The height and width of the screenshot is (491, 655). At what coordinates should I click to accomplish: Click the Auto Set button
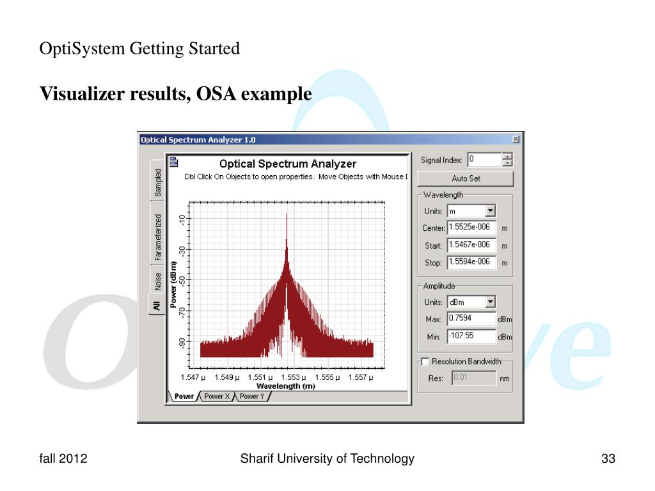point(465,178)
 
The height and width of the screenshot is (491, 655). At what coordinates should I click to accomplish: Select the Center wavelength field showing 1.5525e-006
point(471,228)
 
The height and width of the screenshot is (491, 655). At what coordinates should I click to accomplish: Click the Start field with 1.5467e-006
point(471,245)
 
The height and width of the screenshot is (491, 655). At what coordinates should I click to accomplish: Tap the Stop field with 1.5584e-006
point(471,262)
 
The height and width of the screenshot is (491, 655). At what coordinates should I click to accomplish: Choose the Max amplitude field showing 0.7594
point(471,319)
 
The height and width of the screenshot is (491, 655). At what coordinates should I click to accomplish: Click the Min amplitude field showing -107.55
point(471,336)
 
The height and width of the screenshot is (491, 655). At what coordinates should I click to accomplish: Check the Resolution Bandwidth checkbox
point(424,362)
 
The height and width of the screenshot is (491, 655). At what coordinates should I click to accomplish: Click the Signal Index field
point(484,159)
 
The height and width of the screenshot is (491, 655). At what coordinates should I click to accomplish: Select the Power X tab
point(217,397)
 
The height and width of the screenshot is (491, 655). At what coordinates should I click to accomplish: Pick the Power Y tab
point(252,397)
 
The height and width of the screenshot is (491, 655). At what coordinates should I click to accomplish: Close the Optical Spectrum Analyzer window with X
point(516,139)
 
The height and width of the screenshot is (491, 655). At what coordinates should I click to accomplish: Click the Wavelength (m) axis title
point(285,386)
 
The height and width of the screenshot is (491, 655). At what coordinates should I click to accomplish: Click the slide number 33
point(608,458)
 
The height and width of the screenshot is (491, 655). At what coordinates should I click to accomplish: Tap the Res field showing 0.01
point(473,378)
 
